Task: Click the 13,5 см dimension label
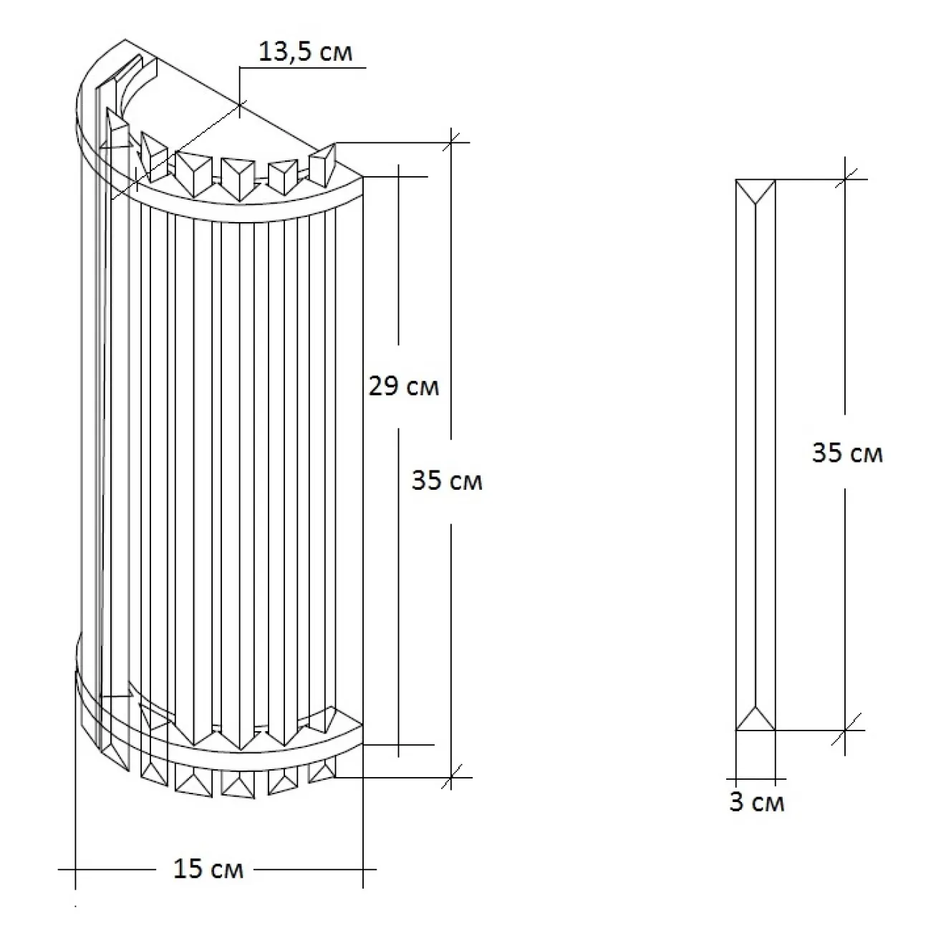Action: pos(305,52)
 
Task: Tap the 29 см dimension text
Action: pos(403,387)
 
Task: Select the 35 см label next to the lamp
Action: pos(447,481)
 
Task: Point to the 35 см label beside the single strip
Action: pos(847,453)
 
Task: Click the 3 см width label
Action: pos(757,803)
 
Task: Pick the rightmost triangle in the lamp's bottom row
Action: pos(322,772)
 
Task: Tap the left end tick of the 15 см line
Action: pos(76,869)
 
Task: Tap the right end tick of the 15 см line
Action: pos(364,869)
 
